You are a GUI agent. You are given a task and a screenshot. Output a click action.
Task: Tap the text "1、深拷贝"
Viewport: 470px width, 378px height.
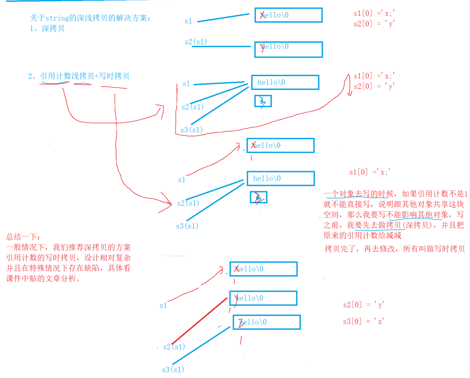pos(47,29)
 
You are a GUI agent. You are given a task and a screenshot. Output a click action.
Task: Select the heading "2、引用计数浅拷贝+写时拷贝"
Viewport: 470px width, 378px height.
pos(78,76)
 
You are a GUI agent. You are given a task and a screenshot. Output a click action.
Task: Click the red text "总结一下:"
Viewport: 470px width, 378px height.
pos(23,237)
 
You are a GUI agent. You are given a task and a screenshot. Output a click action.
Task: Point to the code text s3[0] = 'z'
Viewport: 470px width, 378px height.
pos(363,321)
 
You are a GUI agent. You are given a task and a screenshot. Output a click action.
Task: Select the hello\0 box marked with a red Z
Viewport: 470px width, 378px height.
pos(266,322)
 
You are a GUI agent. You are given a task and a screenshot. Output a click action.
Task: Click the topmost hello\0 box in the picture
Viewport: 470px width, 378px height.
pos(288,15)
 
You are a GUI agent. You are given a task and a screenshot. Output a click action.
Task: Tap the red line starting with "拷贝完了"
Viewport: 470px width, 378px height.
pos(394,249)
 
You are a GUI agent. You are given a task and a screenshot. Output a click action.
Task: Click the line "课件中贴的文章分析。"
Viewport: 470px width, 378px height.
pos(43,278)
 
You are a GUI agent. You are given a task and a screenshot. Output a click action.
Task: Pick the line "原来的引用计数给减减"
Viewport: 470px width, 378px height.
pos(362,235)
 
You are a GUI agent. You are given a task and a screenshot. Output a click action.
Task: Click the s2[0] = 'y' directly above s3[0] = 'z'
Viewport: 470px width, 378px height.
pos(363,305)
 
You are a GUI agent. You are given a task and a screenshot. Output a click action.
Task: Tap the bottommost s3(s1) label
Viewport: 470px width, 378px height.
pos(173,370)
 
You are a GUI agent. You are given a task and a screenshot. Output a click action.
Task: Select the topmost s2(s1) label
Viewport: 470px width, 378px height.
pos(195,42)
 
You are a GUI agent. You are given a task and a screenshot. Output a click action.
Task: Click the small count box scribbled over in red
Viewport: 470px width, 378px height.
pos(259,197)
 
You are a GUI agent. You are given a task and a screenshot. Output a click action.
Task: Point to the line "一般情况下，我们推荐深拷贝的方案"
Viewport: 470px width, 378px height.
pos(68,247)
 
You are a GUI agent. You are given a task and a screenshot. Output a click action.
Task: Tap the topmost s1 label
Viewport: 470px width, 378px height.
pos(188,21)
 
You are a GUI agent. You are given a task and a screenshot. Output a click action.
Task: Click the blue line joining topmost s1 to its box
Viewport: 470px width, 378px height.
pos(223,18)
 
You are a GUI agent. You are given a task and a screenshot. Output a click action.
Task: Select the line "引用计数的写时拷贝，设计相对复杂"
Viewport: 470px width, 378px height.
pos(68,258)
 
